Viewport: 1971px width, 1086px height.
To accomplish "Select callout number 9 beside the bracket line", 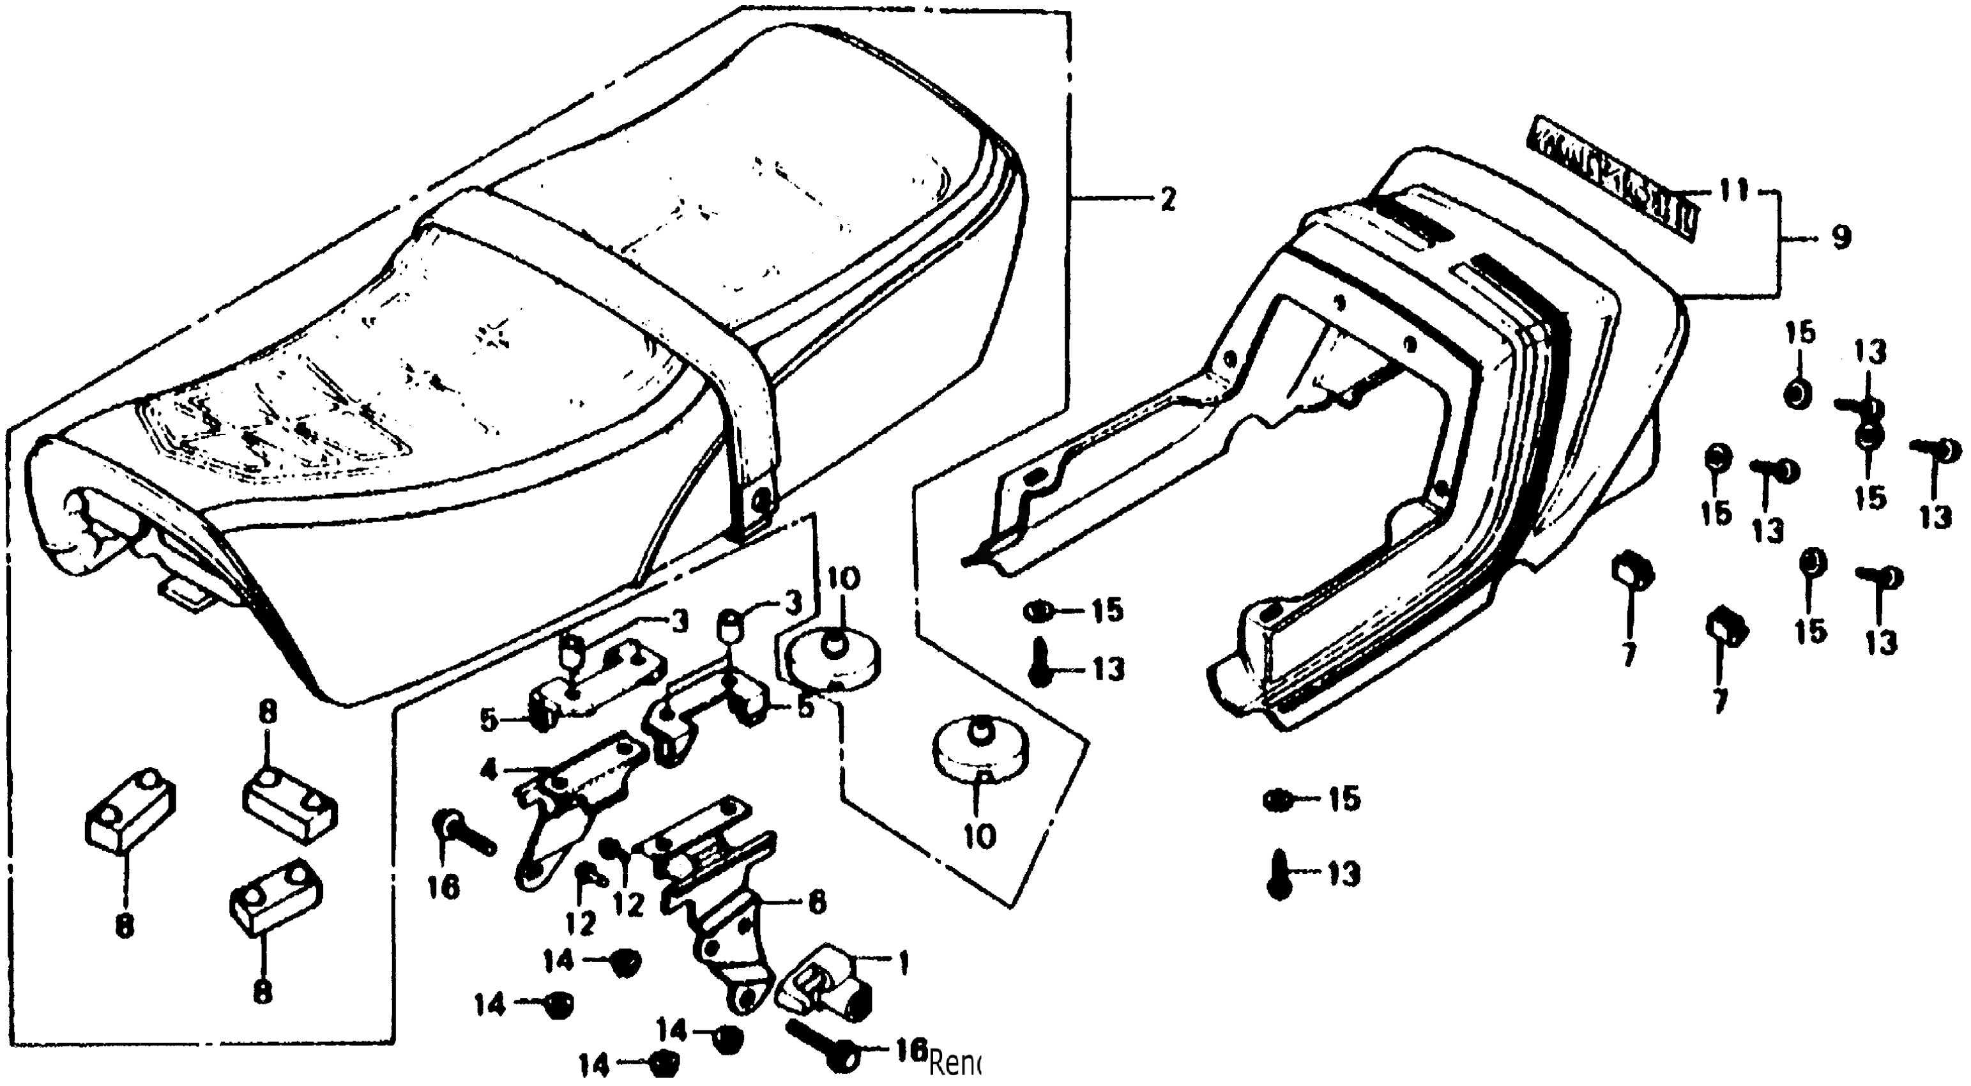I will point(1841,238).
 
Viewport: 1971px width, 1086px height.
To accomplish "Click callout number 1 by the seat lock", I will point(903,963).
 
